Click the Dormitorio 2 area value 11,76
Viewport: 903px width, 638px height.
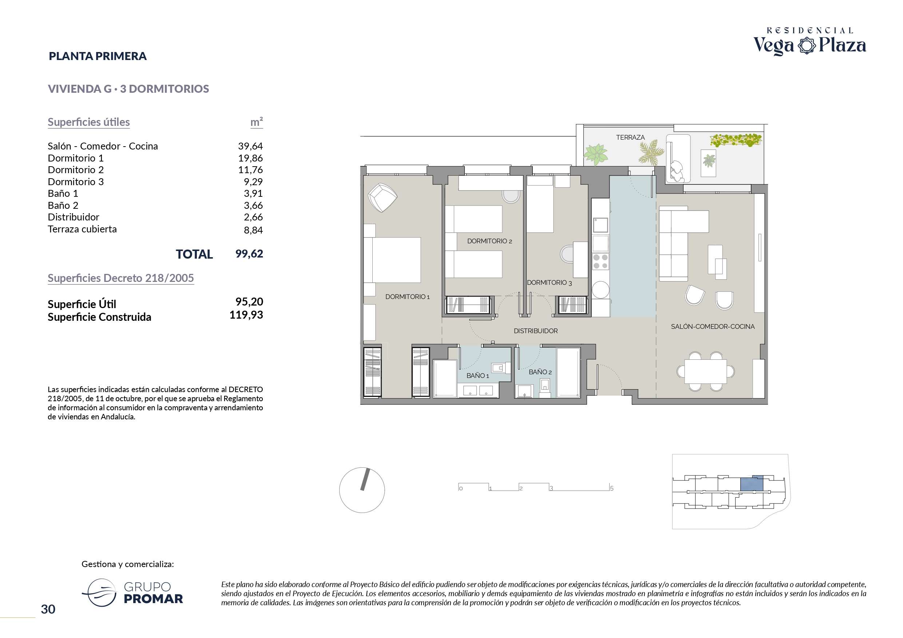point(250,170)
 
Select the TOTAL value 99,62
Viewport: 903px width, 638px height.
point(249,254)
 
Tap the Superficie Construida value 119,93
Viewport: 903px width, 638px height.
point(246,315)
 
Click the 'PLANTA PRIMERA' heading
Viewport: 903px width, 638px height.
point(98,56)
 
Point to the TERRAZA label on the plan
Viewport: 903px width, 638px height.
point(630,137)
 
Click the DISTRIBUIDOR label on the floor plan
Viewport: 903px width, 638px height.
point(535,331)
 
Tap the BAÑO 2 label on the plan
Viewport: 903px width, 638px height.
point(540,372)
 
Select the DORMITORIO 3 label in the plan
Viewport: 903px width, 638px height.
point(549,283)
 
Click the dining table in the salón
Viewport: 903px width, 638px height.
point(706,371)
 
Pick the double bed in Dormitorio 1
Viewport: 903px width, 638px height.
point(392,260)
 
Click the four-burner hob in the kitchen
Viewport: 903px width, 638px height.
point(600,262)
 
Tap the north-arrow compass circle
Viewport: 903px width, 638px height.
point(362,490)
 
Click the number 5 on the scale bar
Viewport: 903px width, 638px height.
point(611,488)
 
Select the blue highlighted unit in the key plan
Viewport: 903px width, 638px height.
point(752,483)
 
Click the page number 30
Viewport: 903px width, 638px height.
point(48,609)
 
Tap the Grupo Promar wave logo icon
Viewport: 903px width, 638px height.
point(99,593)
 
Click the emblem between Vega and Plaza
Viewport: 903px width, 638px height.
point(806,45)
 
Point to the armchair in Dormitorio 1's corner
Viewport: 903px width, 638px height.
point(382,198)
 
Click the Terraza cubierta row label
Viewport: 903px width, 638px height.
point(82,229)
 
